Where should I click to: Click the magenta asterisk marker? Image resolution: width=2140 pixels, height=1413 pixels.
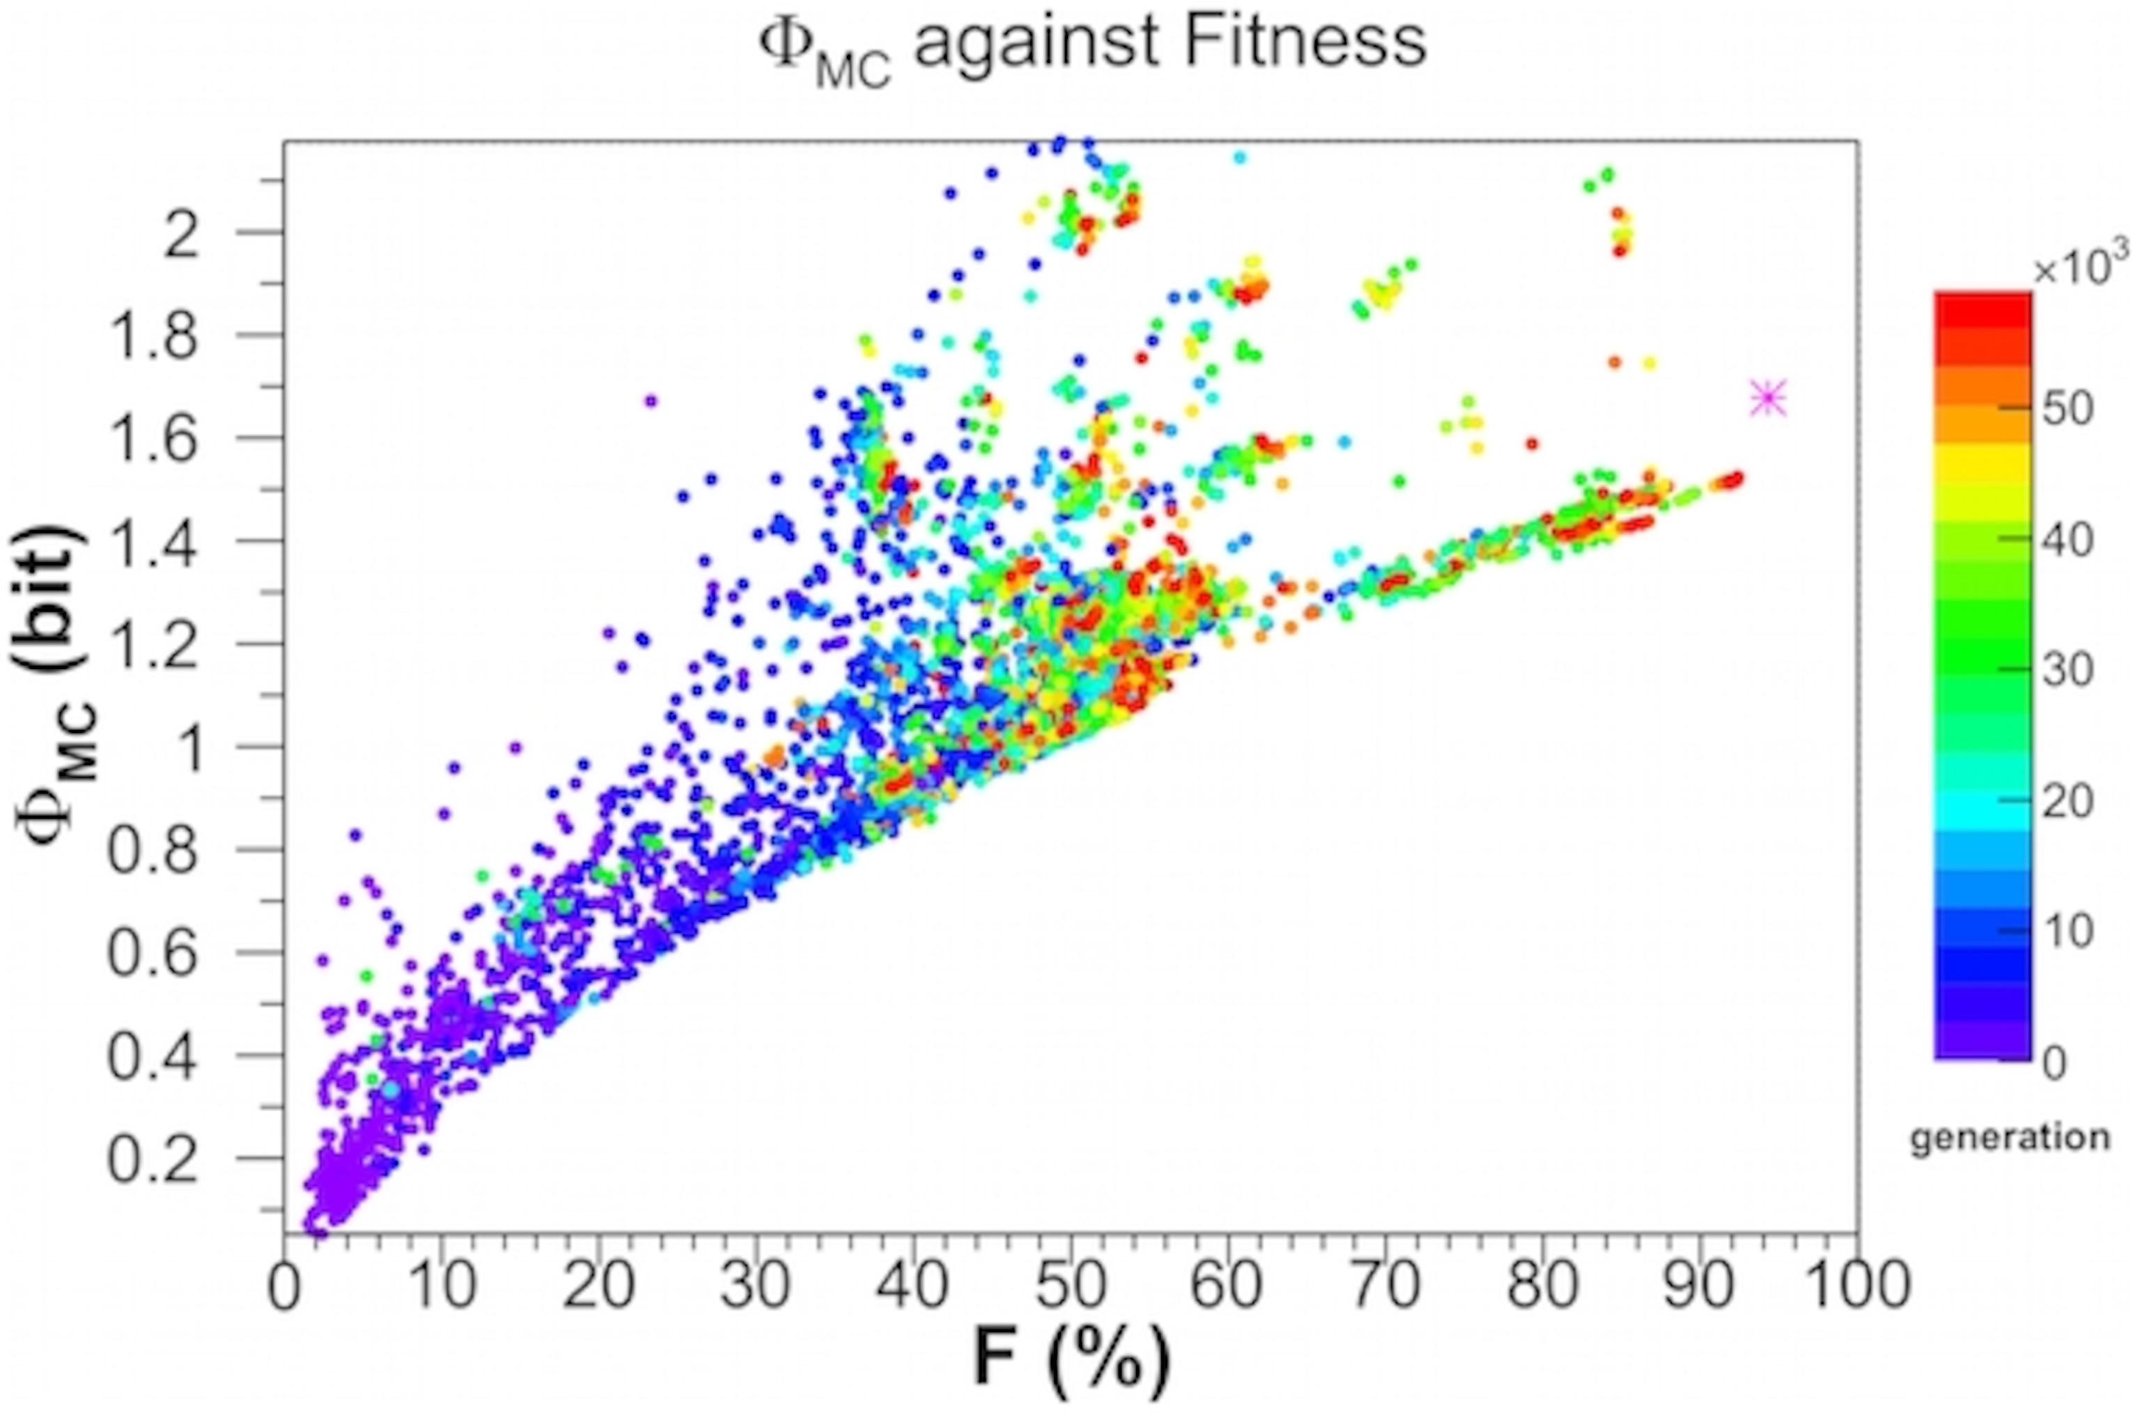(x=1767, y=399)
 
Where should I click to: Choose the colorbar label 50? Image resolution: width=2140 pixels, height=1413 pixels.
(x=2067, y=410)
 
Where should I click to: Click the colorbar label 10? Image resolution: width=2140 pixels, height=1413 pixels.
(x=2067, y=932)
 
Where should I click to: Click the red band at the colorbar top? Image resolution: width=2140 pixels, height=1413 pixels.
(x=1983, y=311)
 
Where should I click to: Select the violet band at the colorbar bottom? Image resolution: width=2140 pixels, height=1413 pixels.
(x=1983, y=1045)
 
